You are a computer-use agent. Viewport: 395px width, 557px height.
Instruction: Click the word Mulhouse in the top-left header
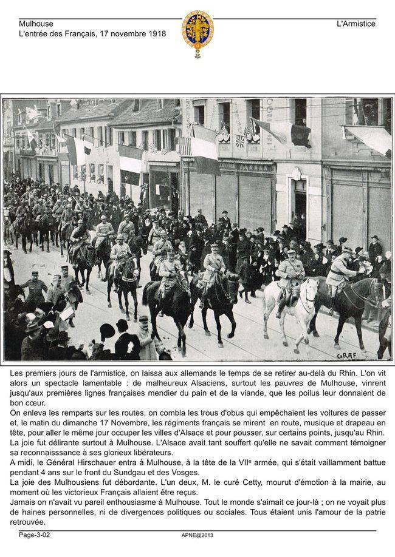[x=36, y=24]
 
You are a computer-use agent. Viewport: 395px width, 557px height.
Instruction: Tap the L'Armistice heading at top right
[x=356, y=24]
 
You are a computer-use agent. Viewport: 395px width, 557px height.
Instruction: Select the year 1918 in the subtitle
[x=156, y=34]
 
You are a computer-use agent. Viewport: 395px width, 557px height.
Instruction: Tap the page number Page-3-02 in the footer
[x=35, y=535]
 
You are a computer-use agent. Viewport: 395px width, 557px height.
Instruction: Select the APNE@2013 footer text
[x=197, y=535]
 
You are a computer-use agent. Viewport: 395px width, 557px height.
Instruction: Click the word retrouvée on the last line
[x=27, y=522]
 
